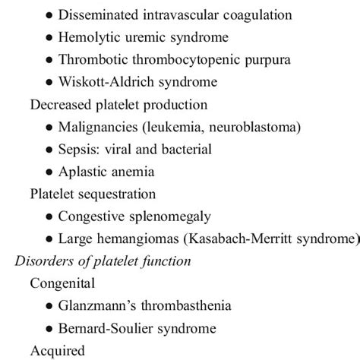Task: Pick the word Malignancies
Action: pos(96,127)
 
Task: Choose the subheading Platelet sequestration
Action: pos(93,194)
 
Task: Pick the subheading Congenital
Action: pos(62,285)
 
